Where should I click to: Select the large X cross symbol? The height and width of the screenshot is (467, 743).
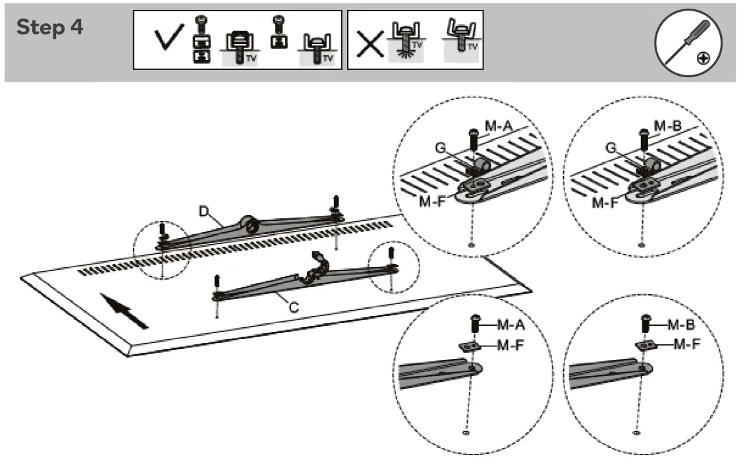click(x=370, y=44)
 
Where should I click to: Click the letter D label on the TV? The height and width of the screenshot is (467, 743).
click(x=205, y=212)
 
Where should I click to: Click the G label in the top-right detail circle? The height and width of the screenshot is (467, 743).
click(x=611, y=148)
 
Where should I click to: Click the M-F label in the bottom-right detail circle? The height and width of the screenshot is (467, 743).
click(x=686, y=344)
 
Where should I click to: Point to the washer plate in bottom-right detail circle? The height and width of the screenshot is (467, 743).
click(x=644, y=345)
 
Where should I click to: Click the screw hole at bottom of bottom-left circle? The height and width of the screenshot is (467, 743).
click(x=466, y=434)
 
